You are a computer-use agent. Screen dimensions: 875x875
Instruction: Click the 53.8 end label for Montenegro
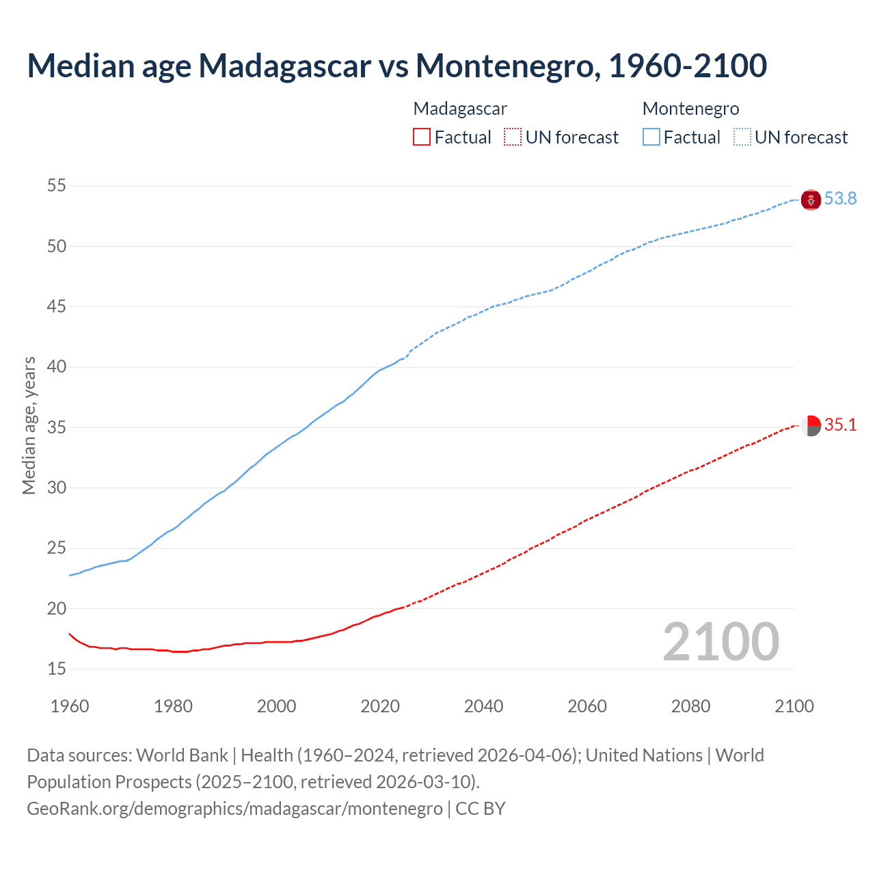(x=840, y=199)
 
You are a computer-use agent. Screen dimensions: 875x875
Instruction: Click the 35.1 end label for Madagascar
(x=840, y=425)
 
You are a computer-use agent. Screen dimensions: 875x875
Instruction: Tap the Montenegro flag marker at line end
(x=811, y=200)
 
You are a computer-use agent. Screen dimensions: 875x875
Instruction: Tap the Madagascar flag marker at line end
(x=811, y=425)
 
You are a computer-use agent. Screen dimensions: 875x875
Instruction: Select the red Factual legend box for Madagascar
(x=422, y=137)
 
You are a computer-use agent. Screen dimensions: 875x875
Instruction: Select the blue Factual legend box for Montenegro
(x=651, y=137)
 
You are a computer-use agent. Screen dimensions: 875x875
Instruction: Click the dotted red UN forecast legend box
(x=513, y=137)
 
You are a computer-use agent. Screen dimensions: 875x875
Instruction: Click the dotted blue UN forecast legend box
(x=742, y=137)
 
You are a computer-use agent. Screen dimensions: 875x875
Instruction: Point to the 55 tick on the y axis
(x=57, y=186)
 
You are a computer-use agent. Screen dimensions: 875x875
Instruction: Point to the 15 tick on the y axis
(x=57, y=669)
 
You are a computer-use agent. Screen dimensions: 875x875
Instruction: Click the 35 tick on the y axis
(x=57, y=428)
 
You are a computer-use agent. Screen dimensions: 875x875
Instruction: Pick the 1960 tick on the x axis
(x=70, y=706)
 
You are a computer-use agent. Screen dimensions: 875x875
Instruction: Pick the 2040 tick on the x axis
(x=483, y=706)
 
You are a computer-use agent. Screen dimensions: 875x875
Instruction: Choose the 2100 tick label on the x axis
(x=794, y=706)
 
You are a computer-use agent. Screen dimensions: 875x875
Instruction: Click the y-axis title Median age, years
(x=29, y=425)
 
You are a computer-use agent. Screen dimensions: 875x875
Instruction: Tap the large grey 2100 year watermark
(x=721, y=641)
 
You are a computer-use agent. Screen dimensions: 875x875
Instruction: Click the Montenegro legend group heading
(x=690, y=109)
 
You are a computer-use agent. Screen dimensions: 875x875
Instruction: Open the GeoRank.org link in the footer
(x=234, y=809)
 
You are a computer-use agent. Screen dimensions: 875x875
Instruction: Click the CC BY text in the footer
(x=481, y=809)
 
